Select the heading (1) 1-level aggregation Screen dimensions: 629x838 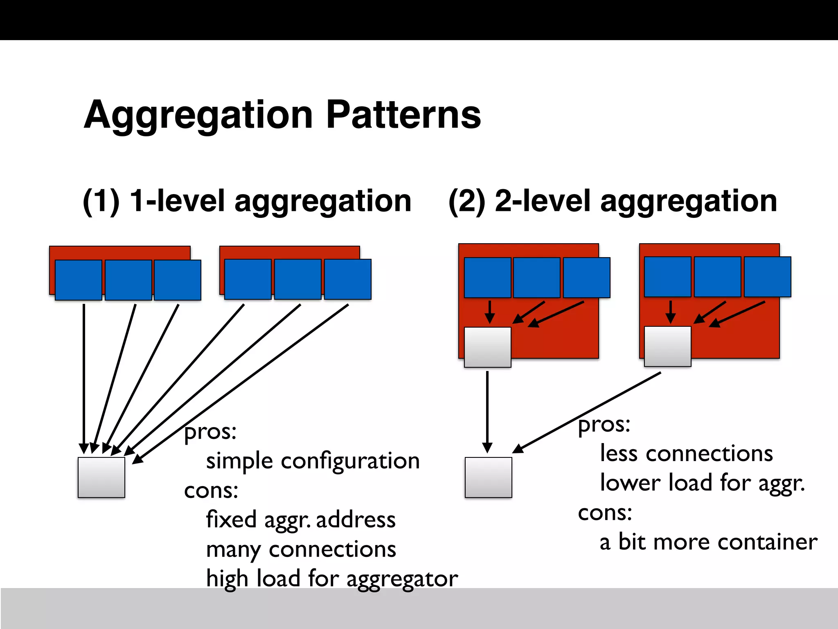[x=247, y=201]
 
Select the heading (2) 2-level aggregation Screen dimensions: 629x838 [x=613, y=201]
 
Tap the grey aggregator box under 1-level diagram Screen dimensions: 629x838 [x=101, y=477]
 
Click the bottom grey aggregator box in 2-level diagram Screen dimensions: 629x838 [x=488, y=477]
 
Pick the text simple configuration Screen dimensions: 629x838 [x=313, y=461]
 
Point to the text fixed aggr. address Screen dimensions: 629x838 [x=301, y=520]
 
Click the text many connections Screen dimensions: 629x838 [x=301, y=550]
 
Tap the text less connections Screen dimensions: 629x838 [x=686, y=454]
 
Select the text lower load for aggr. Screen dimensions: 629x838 [x=702, y=483]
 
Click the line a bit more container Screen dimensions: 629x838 [x=708, y=542]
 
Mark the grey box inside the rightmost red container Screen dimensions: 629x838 [x=667, y=346]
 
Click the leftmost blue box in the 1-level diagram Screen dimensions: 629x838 [x=79, y=280]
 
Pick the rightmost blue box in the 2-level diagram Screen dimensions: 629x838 [x=767, y=277]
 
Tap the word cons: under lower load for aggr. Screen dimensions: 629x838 [x=605, y=513]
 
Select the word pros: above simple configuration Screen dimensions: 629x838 [x=210, y=432]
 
